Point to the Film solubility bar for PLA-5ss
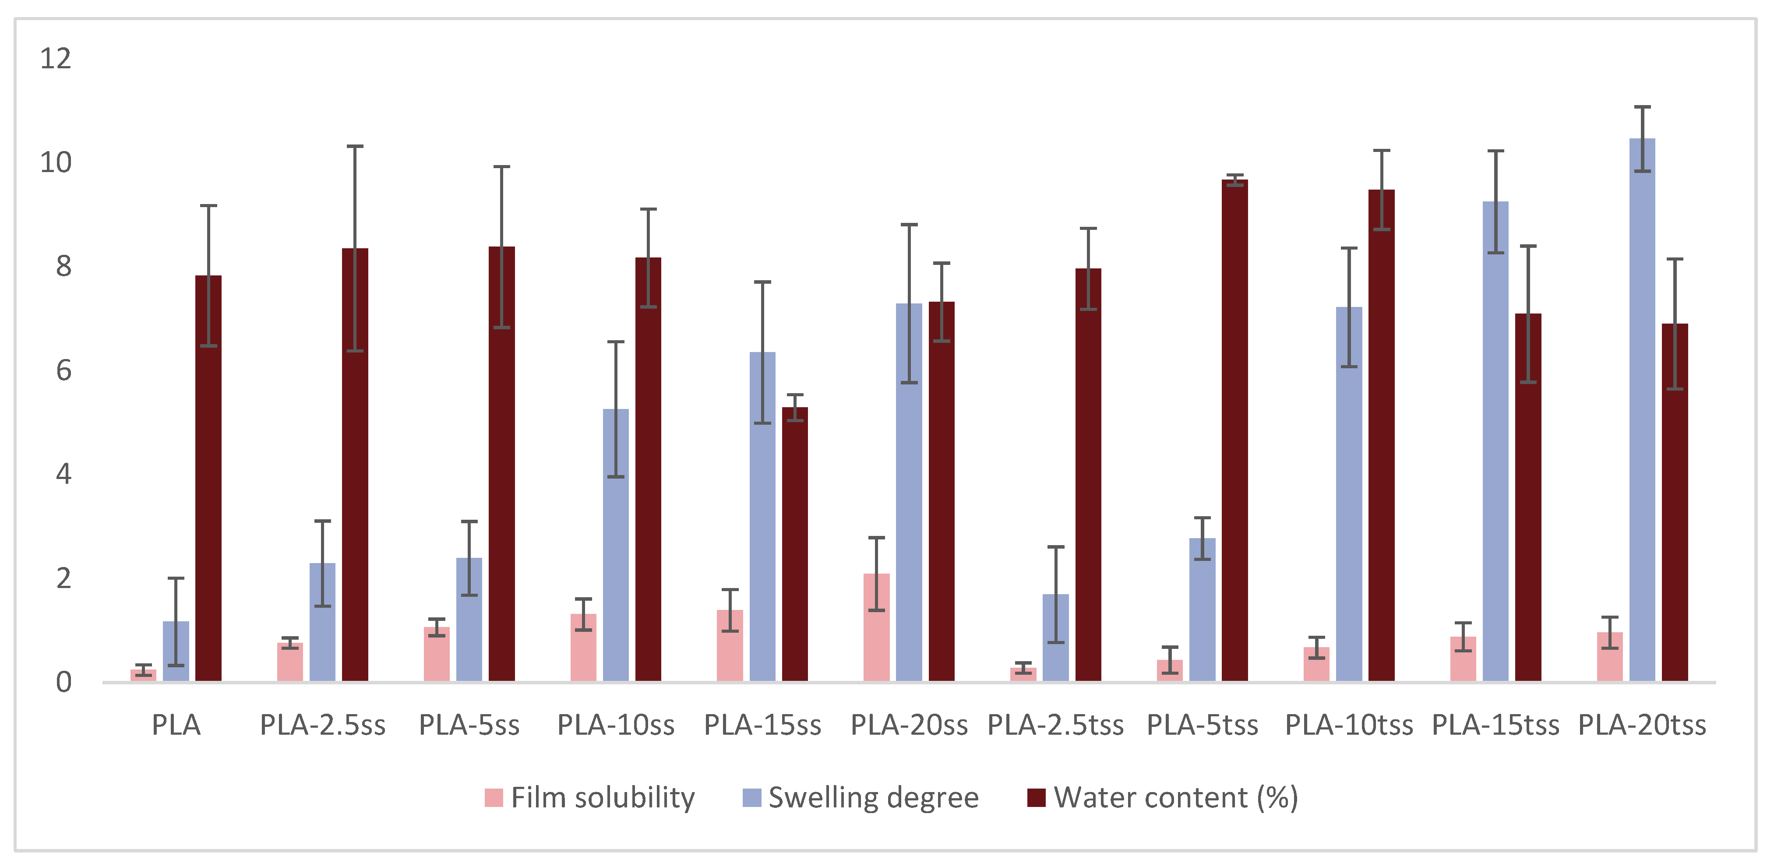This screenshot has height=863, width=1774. coord(437,654)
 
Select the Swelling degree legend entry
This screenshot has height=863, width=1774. coord(861,798)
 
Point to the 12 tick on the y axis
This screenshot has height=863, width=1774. coord(56,59)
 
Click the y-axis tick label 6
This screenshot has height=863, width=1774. coord(63,370)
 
